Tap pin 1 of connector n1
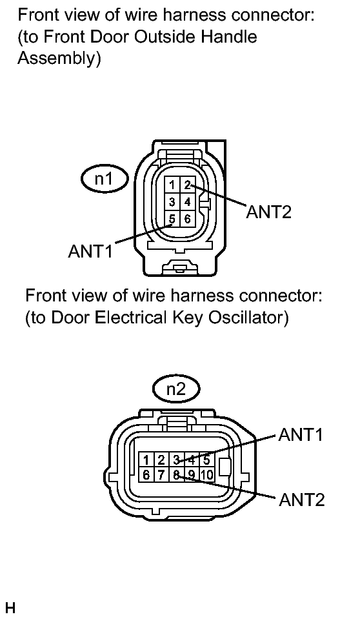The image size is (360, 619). click(x=172, y=185)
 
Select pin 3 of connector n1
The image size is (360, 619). click(x=172, y=202)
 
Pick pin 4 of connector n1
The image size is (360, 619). click(x=188, y=202)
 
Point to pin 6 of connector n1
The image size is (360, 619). click(x=188, y=219)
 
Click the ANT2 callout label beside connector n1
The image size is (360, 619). click(x=269, y=212)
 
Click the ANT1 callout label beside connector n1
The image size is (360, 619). click(x=90, y=250)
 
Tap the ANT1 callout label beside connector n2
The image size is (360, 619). click(x=301, y=434)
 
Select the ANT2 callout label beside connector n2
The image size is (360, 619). click(x=301, y=500)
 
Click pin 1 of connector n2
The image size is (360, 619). click(x=146, y=460)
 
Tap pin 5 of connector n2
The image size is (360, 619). click(x=206, y=460)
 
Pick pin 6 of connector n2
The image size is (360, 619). click(x=146, y=474)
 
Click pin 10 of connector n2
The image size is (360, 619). click(x=207, y=474)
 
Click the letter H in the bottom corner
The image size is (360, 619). click(x=10, y=608)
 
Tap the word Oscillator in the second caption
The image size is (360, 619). click(x=248, y=318)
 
